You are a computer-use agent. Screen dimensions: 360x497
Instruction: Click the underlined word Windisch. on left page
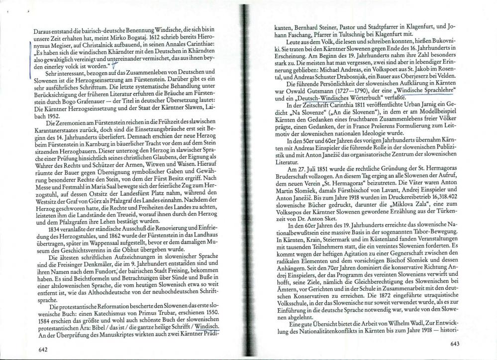coord(208,327)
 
